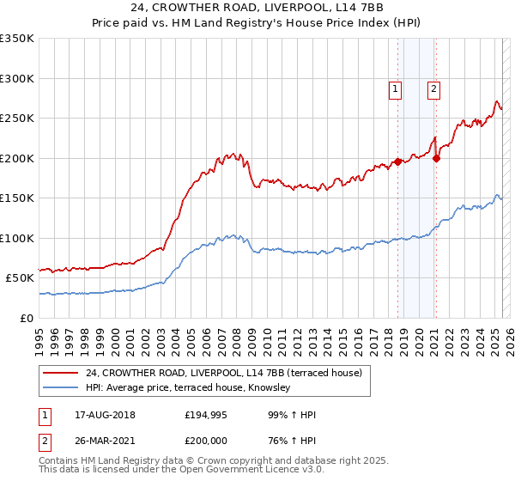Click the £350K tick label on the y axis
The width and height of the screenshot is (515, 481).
tap(17, 39)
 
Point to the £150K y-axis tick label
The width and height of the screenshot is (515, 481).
tap(17, 198)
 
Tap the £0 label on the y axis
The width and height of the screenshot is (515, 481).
tap(27, 318)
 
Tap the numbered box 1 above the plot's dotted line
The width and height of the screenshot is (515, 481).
tap(395, 88)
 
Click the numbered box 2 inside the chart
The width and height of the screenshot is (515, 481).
tap(434, 88)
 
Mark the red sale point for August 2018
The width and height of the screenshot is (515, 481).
tap(398, 161)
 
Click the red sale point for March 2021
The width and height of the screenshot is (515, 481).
tap(437, 158)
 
